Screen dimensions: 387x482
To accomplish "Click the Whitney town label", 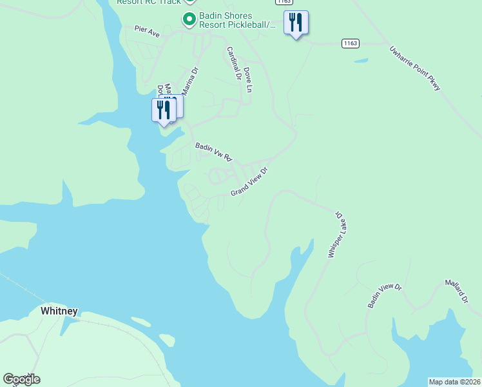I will tap(59, 311).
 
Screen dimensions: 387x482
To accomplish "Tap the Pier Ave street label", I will tap(147, 31).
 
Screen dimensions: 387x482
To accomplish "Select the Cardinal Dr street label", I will tap(233, 63).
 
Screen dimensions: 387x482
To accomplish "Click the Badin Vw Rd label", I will tap(213, 152).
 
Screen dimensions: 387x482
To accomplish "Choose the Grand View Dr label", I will tap(249, 182).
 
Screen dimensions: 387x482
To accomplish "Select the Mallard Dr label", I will tap(456, 292).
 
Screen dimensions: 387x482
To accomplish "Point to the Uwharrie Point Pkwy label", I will tap(415, 67).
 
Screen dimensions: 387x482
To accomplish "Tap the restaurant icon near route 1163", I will tap(296, 23).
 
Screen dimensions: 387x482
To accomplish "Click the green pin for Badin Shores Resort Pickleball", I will tap(189, 20).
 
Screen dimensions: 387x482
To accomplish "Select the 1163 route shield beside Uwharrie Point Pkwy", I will tap(350, 43).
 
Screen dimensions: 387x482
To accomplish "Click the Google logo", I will tap(21, 379).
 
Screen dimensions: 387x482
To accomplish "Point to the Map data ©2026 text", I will tap(454, 382).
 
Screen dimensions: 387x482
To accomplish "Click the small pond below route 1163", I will tap(361, 61).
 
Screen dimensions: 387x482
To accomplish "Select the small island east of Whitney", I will tap(166, 339).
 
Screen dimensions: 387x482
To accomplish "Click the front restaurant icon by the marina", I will tap(164, 110).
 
